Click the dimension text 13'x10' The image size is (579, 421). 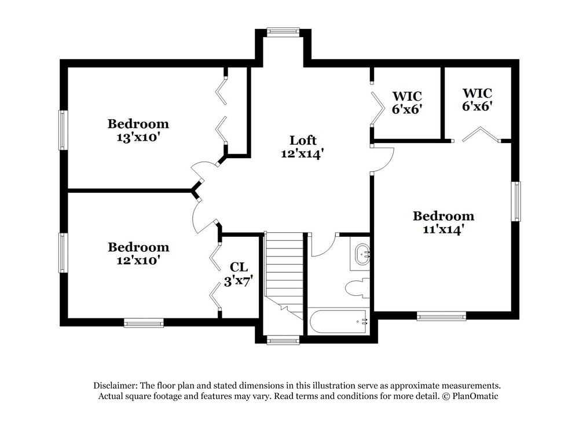[138, 137]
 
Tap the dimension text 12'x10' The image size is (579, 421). [138, 261]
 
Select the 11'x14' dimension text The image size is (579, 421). [443, 229]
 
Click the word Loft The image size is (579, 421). [303, 140]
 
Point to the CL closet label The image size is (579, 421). [239, 267]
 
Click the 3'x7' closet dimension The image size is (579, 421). [239, 281]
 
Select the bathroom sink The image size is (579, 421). [362, 254]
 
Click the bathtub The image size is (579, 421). [338, 321]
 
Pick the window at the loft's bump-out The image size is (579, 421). [283, 31]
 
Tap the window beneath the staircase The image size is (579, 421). [283, 341]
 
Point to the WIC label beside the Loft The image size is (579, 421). [406, 96]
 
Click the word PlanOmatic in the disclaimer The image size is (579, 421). [475, 396]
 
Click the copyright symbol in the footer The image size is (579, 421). [446, 396]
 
